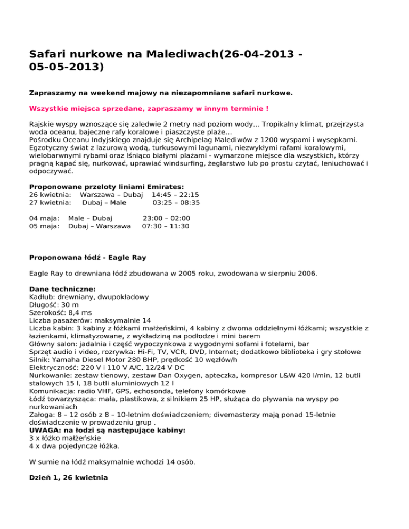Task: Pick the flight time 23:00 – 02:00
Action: point(166,218)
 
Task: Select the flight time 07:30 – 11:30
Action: point(166,226)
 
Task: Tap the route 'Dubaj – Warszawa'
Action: point(100,226)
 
